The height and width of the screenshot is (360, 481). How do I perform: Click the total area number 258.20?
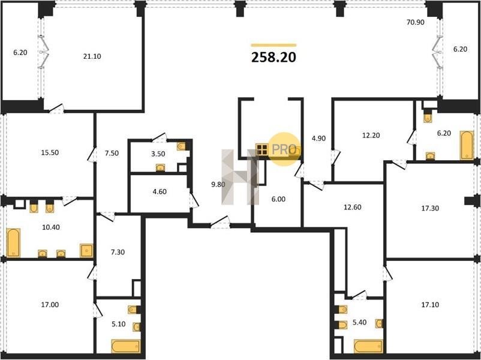(273, 57)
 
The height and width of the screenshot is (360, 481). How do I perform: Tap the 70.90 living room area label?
(416, 22)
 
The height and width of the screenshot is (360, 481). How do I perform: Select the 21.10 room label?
(92, 56)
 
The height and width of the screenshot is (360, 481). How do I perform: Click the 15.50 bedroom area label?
(50, 152)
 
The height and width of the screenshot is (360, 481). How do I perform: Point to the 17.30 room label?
(430, 208)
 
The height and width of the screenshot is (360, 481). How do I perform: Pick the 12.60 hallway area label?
(353, 207)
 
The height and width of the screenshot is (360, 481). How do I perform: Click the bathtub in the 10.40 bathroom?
(13, 242)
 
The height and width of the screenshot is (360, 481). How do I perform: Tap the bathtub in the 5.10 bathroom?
(126, 346)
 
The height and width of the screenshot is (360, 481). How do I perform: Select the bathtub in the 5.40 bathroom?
(368, 346)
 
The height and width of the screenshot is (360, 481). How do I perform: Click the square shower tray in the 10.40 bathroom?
(86, 250)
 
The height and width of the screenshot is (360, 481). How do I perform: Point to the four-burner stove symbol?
(262, 149)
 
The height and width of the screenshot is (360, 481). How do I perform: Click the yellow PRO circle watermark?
(284, 149)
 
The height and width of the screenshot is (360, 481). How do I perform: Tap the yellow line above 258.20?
(273, 45)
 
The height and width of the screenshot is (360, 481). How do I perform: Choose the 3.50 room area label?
(158, 154)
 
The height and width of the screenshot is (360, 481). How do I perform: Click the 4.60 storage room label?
(160, 192)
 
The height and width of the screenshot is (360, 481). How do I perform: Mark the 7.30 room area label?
(118, 252)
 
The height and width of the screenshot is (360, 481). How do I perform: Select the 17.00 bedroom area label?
(50, 305)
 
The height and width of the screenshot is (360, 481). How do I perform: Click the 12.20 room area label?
(371, 136)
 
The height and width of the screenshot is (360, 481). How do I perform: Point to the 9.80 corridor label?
(218, 184)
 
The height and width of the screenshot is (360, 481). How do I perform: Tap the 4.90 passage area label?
(318, 139)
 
